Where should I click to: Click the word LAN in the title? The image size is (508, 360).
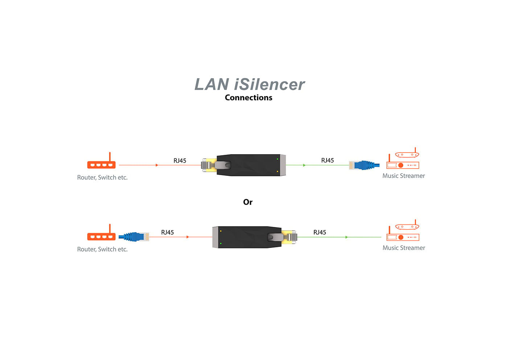pyautogui.click(x=212, y=84)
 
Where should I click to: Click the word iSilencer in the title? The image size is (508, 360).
pyautogui.click(x=269, y=84)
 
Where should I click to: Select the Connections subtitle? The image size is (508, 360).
pyautogui.click(x=248, y=98)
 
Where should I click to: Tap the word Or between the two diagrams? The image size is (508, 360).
pyautogui.click(x=247, y=202)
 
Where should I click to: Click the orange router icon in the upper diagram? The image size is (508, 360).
pyautogui.click(x=101, y=165)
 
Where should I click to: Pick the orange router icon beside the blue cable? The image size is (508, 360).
pyautogui.click(x=101, y=237)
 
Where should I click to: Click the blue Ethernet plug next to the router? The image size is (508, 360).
pyautogui.click(x=134, y=237)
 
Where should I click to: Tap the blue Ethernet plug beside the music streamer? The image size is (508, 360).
pyautogui.click(x=364, y=165)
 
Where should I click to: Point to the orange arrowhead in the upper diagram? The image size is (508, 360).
pyautogui.click(x=157, y=165)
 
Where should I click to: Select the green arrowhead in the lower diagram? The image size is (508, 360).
pyautogui.click(x=347, y=237)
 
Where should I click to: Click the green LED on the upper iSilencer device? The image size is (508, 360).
pyautogui.click(x=278, y=159)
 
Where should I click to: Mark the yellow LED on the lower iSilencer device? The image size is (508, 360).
pyautogui.click(x=221, y=231)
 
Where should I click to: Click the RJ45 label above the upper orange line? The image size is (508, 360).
pyautogui.click(x=180, y=161)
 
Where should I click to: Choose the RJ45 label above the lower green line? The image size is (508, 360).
pyautogui.click(x=320, y=232)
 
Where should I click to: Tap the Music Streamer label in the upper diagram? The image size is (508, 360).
pyautogui.click(x=403, y=176)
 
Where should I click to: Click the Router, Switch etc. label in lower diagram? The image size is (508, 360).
pyautogui.click(x=102, y=249)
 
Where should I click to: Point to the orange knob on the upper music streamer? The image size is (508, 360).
pyautogui.click(x=401, y=165)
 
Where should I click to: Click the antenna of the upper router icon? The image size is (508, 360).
pyautogui.click(x=110, y=157)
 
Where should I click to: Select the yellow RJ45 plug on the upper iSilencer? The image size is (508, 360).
pyautogui.click(x=209, y=165)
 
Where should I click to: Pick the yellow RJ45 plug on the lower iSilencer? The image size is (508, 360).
pyautogui.click(x=289, y=237)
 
